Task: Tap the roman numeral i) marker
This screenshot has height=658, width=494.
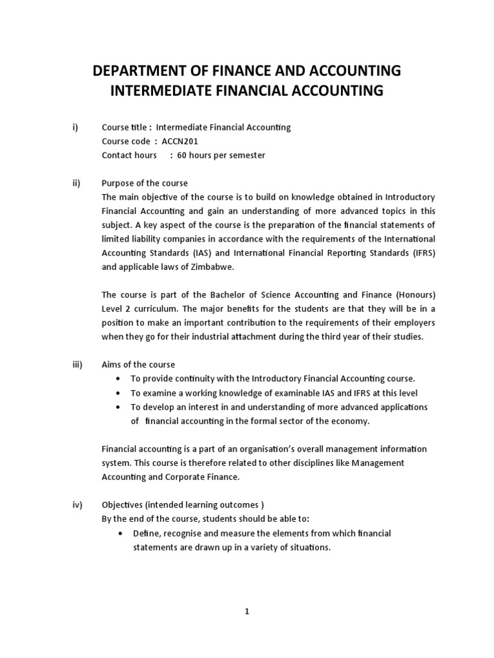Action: pos(75,127)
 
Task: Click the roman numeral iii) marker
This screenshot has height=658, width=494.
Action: pos(77,365)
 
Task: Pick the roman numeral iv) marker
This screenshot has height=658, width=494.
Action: pos(77,505)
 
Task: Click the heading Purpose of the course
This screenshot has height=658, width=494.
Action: pos(145,183)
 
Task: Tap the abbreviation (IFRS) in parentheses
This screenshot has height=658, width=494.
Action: pos(419,253)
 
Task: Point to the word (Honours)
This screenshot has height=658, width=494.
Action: pos(414,295)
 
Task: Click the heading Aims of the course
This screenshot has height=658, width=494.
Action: pos(138,365)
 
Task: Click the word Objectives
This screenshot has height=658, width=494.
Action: pos(123,505)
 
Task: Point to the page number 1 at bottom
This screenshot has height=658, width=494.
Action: pos(246,612)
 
